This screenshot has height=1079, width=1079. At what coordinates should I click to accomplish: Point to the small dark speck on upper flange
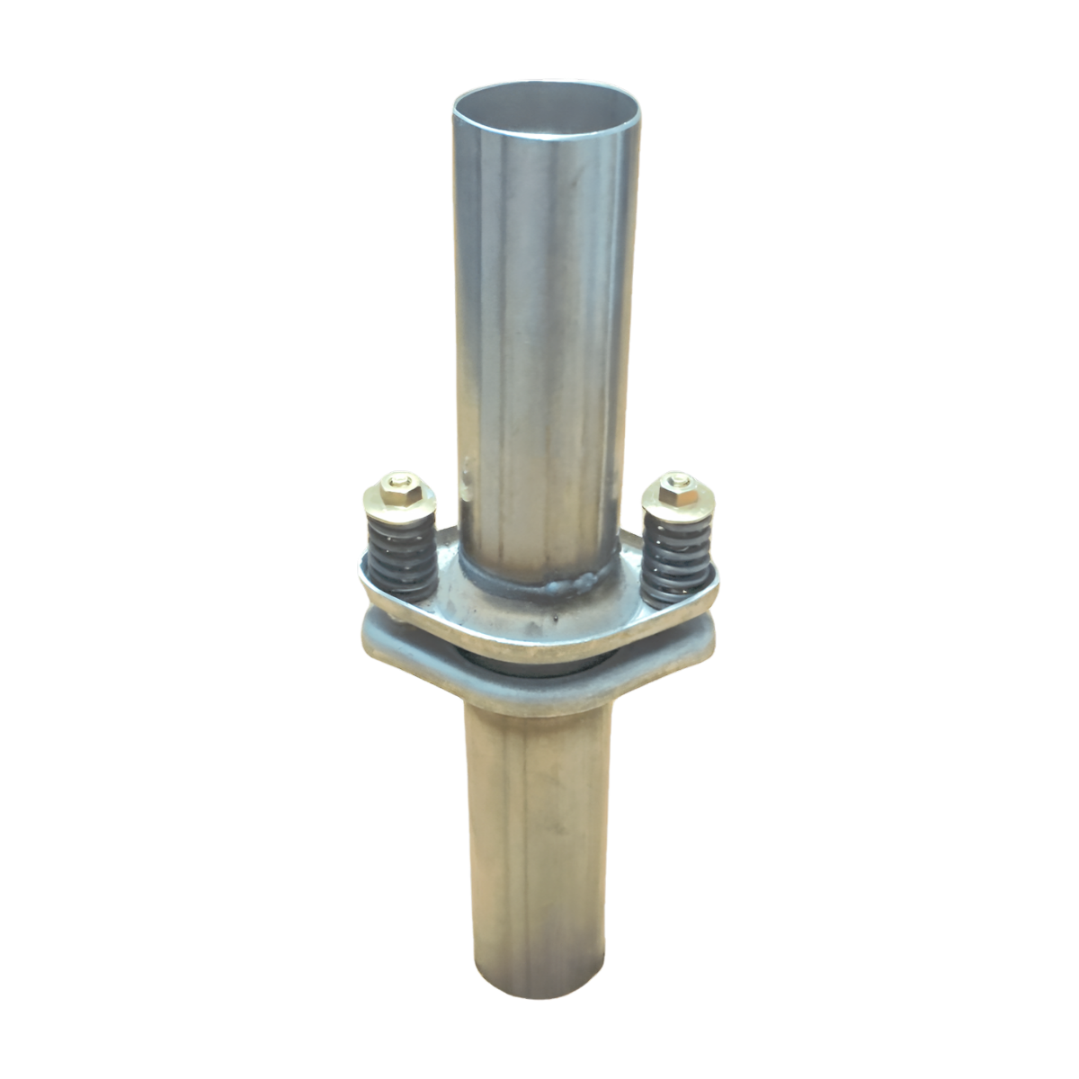pos(559,620)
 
